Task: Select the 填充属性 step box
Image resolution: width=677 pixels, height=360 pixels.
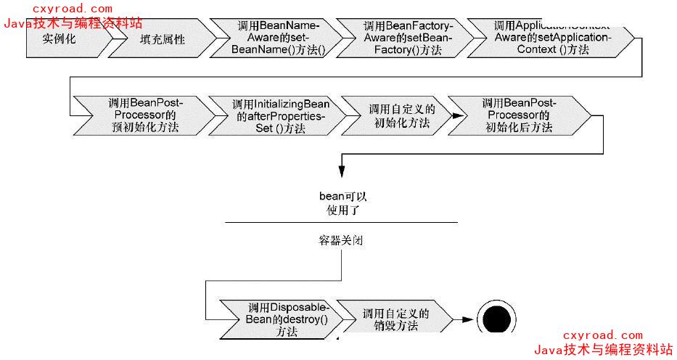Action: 162,40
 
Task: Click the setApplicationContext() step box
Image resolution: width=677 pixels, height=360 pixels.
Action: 551,38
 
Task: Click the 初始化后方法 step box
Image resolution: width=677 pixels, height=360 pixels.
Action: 518,115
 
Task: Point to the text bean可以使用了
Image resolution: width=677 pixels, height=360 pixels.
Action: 340,203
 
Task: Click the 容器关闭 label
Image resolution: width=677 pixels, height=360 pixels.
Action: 340,240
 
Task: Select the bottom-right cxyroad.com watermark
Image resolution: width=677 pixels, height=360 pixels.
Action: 602,335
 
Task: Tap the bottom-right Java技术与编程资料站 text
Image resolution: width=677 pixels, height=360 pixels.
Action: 602,350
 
